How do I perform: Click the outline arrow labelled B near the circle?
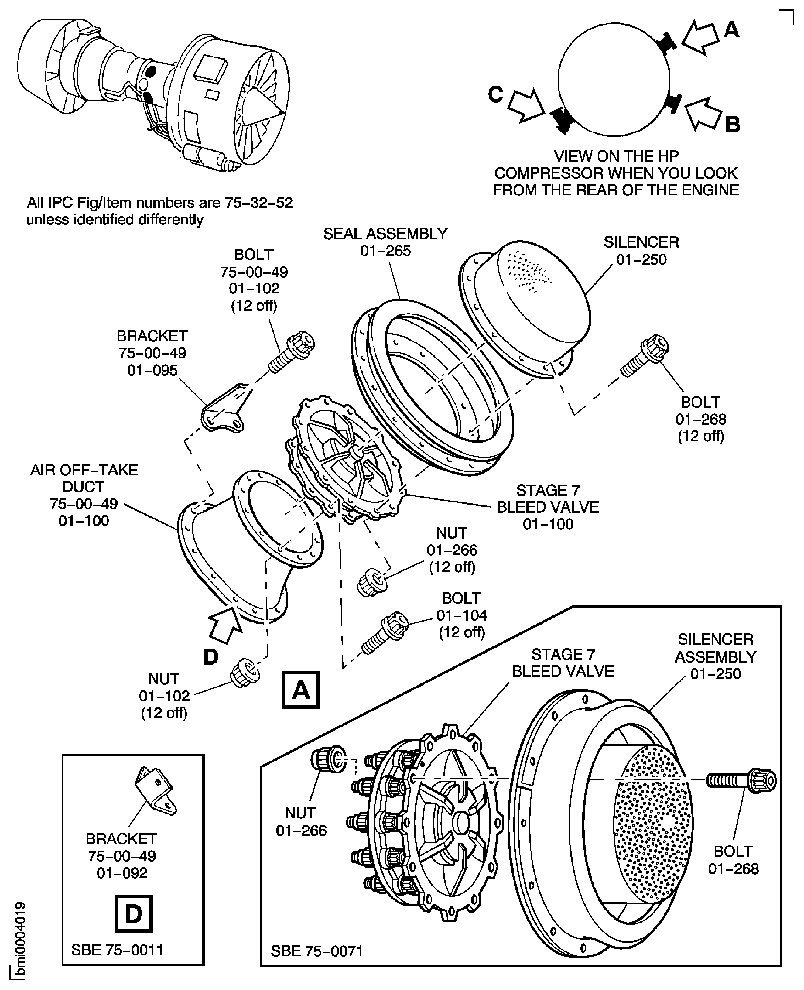click(703, 114)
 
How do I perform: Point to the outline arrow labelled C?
click(526, 106)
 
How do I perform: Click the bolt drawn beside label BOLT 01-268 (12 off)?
click(645, 356)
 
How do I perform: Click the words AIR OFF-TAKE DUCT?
click(84, 478)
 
